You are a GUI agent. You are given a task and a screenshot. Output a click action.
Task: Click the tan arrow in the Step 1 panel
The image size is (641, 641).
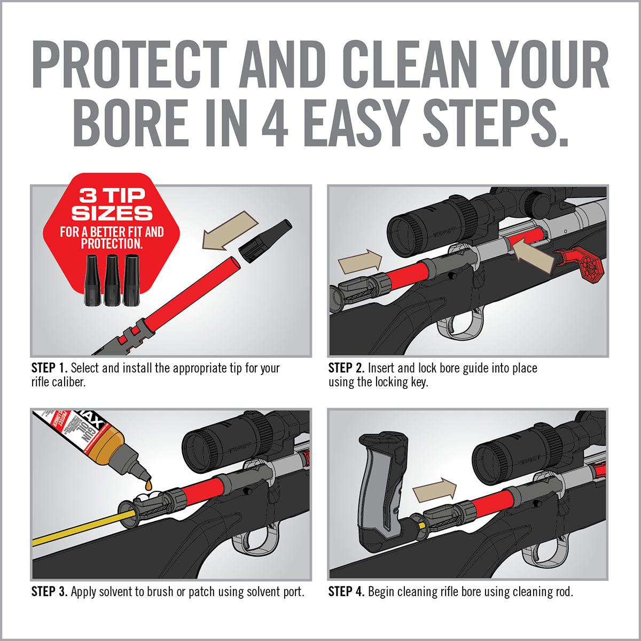[x=230, y=230]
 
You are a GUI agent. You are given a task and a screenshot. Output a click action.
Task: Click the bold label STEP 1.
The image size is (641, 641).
[x=49, y=368]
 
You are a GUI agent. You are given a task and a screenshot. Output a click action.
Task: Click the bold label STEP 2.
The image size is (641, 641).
[x=346, y=368]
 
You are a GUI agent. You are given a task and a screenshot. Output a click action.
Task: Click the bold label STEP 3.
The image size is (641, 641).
[x=49, y=592]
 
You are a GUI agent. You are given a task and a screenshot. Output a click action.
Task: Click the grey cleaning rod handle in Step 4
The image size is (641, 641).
[x=382, y=481]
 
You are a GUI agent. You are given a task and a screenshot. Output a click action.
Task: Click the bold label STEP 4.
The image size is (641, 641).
[x=346, y=592]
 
